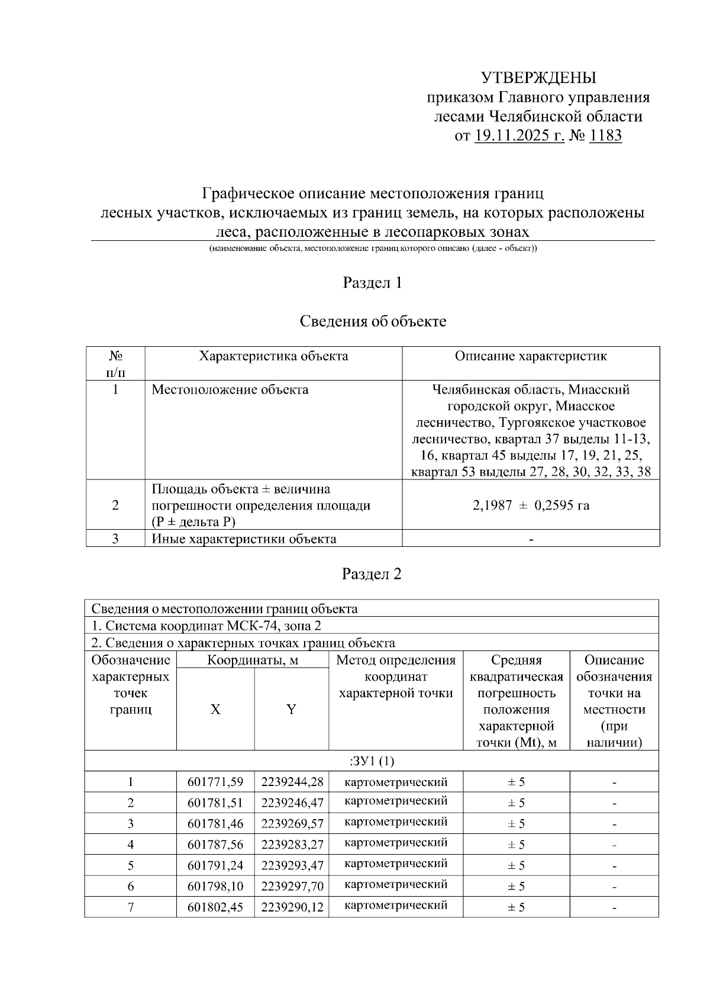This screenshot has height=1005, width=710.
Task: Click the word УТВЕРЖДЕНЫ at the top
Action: pos(538,78)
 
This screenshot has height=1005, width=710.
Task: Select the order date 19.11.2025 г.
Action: pos(519,136)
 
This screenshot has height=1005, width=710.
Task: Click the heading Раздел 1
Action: pos(372,283)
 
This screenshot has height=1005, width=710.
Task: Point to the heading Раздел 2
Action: pos(372,574)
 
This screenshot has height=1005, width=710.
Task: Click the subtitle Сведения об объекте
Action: pos(372,321)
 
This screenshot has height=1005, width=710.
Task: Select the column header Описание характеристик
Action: pos(530,356)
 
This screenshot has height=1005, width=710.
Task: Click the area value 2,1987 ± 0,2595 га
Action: pos(530,505)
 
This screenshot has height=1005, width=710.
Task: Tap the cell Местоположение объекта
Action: pos(230,390)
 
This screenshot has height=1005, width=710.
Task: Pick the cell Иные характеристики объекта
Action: pos(244,539)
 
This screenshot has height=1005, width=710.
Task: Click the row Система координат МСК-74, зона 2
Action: pos(206,626)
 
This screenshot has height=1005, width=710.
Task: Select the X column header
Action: pos(215,710)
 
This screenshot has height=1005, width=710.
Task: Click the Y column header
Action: pos(291,710)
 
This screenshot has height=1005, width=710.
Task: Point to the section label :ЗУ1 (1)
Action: pos(372,761)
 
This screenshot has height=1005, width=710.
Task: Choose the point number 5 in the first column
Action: pos(130,865)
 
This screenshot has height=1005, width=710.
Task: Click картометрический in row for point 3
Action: pos(395,822)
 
